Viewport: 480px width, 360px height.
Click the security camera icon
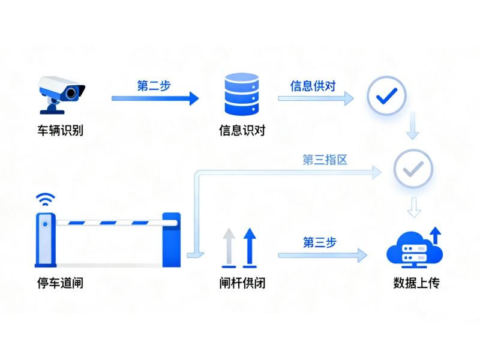click(61, 93)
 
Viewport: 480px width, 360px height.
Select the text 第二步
click(154, 86)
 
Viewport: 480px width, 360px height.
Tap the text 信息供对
click(313, 86)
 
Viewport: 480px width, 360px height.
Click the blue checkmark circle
click(387, 95)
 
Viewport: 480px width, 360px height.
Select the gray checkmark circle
click(413, 170)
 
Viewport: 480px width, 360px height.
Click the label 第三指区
click(325, 160)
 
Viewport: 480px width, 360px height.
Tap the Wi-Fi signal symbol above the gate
click(44, 199)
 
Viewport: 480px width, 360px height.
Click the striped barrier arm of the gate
click(114, 223)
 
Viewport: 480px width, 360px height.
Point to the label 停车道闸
click(60, 283)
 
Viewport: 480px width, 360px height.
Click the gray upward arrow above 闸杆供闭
click(229, 247)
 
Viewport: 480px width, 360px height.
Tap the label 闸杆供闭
click(242, 283)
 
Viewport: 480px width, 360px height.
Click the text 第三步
click(319, 242)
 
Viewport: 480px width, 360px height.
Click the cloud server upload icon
click(414, 248)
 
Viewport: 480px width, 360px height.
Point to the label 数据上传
click(416, 283)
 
